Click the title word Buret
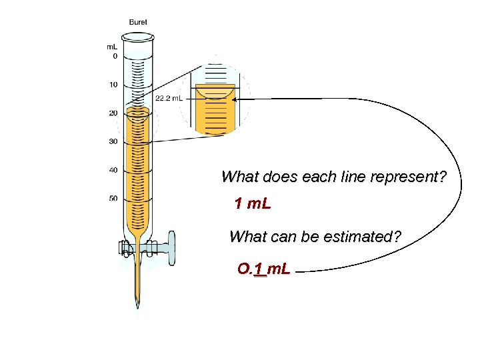coord(139,22)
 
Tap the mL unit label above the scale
coord(113,47)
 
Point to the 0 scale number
coord(115,57)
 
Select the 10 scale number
coord(113,85)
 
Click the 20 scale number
coord(113,113)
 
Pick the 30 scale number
coord(113,141)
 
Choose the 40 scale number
coord(113,170)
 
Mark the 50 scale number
coord(113,198)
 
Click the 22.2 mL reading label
coord(169,98)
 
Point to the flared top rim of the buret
coord(138,37)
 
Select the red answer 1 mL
coord(253,203)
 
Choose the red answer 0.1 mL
coord(263,270)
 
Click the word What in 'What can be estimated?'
coord(246,237)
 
